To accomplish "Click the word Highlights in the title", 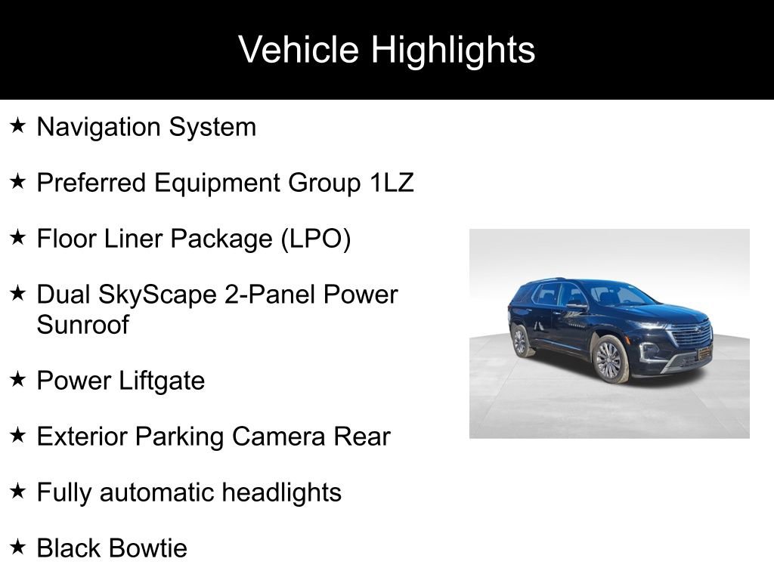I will [x=453, y=51].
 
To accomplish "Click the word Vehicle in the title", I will [x=299, y=51].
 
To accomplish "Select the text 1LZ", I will [x=392, y=183].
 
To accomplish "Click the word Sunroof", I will [x=83, y=325].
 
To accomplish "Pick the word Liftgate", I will [x=163, y=381].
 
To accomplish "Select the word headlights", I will [x=282, y=492].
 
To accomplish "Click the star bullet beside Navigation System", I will [x=19, y=125].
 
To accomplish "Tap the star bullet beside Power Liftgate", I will [x=19, y=379].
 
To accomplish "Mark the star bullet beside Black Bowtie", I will [x=19, y=547].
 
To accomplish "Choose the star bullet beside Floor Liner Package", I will [x=19, y=237].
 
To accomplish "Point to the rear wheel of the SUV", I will [x=520, y=341].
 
